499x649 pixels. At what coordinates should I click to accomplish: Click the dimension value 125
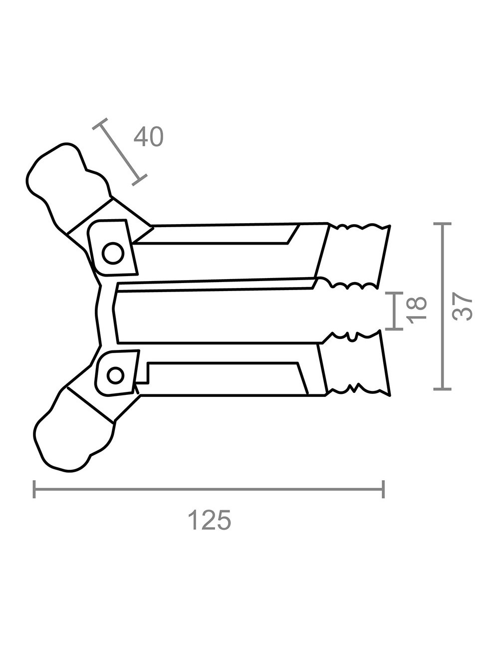tap(210, 520)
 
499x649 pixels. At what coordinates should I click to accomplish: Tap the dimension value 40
tap(148, 137)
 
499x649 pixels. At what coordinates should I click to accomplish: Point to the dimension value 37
tap(462, 306)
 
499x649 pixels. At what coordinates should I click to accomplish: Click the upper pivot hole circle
tap(113, 253)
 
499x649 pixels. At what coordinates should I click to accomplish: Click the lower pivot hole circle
tap(116, 375)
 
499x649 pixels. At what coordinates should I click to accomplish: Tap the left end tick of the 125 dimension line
tap(34, 489)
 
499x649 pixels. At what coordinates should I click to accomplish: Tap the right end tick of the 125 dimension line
tap(383, 489)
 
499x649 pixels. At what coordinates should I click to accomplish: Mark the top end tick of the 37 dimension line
tap(442, 225)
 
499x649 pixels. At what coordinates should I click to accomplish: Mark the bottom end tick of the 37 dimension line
tap(442, 388)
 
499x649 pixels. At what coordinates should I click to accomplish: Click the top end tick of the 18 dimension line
tap(394, 293)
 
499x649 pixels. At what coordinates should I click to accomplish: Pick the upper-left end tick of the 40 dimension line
tap(100, 124)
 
